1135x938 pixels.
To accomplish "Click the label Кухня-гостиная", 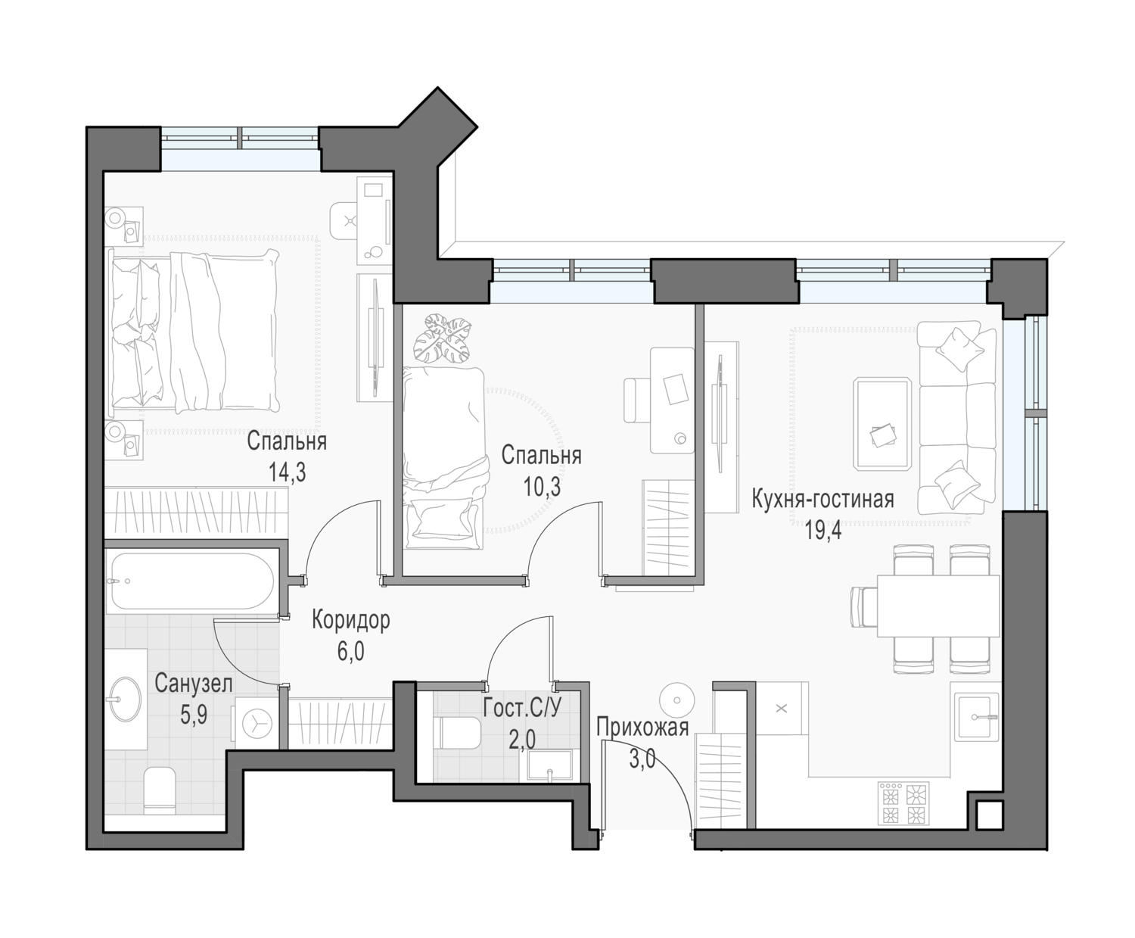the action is (x=822, y=499).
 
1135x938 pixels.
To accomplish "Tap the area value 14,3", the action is (x=287, y=472).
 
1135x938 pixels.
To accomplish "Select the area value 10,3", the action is (x=542, y=487).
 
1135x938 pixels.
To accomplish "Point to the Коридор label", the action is (x=350, y=620).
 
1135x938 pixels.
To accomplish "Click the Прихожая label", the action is (x=642, y=727).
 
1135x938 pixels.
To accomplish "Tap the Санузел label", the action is (x=193, y=684).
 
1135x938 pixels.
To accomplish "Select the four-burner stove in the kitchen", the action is (x=904, y=803).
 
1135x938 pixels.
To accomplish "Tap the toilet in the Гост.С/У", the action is (x=459, y=732).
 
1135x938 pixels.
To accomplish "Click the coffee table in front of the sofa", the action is (x=882, y=424).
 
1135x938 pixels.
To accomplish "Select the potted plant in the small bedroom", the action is (x=441, y=338).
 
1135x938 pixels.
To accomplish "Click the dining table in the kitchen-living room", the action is (x=938, y=605).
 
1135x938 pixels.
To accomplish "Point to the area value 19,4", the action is (x=823, y=530).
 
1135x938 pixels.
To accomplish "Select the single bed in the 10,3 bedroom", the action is (x=443, y=458).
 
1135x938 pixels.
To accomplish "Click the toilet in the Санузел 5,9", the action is (x=160, y=790).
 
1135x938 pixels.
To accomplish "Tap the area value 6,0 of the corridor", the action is (x=350, y=651).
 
